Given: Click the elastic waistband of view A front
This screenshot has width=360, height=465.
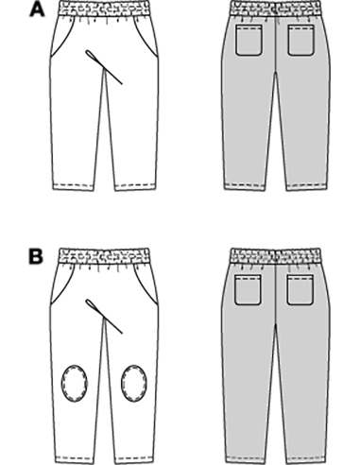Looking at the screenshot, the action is tap(101, 11).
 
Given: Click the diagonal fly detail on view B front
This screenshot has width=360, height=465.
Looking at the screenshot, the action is tap(106, 316).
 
